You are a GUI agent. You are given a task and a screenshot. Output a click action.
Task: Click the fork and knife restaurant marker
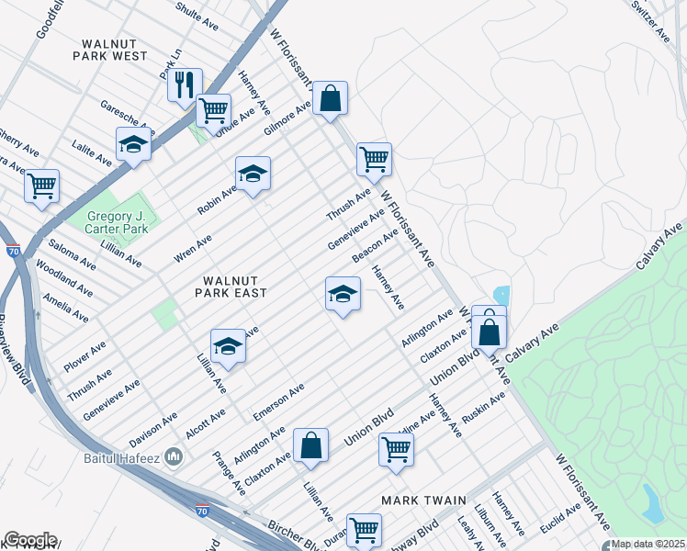click(x=185, y=86)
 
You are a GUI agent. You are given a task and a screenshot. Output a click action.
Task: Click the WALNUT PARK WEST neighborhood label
click(x=114, y=50)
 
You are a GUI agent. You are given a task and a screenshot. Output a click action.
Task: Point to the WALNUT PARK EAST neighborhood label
click(x=231, y=286)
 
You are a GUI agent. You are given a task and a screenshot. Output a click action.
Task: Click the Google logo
click(x=29, y=540)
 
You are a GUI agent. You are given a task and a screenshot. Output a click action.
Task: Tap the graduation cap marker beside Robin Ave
click(x=253, y=173)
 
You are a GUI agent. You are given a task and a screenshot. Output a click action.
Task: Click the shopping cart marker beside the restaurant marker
click(x=213, y=111)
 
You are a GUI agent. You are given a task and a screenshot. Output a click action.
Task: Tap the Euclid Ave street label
click(x=560, y=520)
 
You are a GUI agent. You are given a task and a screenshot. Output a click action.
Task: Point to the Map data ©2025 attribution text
click(x=647, y=544)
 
